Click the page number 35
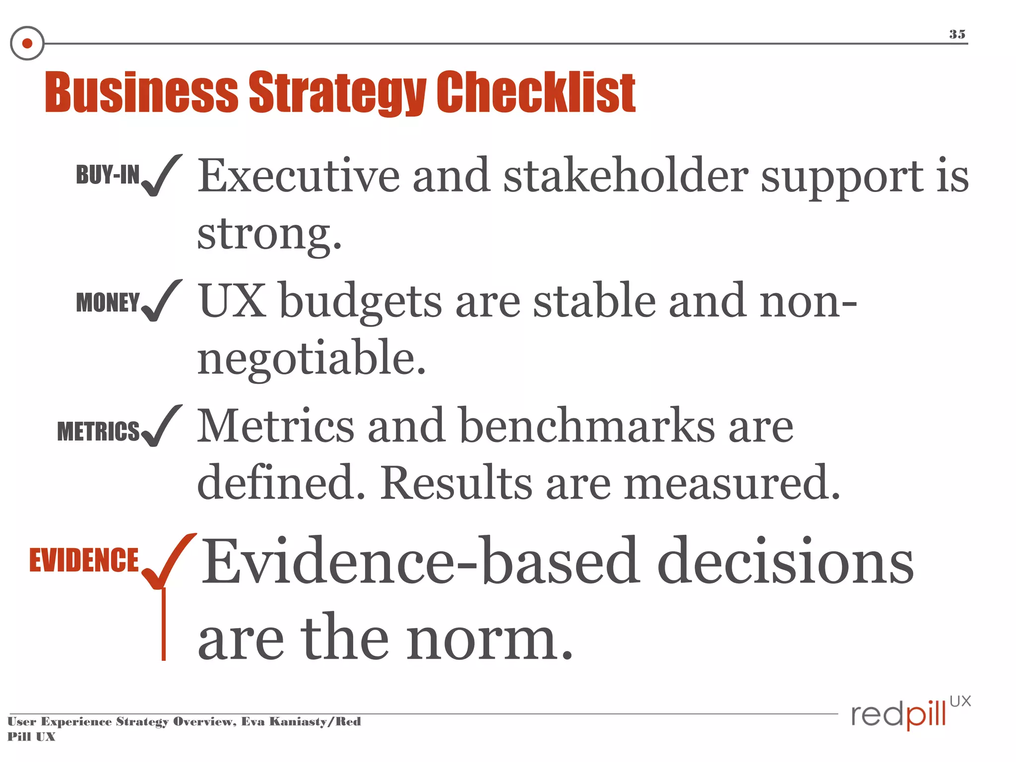pyautogui.click(x=957, y=34)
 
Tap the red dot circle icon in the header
pyautogui.click(x=27, y=44)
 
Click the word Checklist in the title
pyautogui.click(x=536, y=92)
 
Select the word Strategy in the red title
pyautogui.click(x=337, y=93)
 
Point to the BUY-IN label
pyautogui.click(x=108, y=175)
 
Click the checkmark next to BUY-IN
pyautogui.click(x=161, y=176)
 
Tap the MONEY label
pyautogui.click(x=108, y=302)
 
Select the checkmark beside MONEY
pyautogui.click(x=161, y=301)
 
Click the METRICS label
pyautogui.click(x=98, y=431)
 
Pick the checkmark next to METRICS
pyautogui.click(x=161, y=426)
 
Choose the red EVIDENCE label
pyautogui.click(x=84, y=560)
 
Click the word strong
pyautogui.click(x=269, y=234)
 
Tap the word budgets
pyautogui.click(x=361, y=302)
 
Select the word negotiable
pyautogui.click(x=312, y=358)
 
